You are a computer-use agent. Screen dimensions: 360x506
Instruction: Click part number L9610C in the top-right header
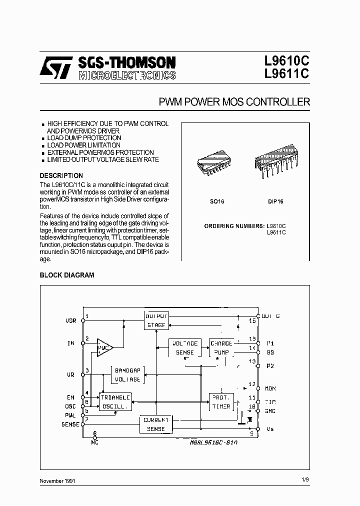(x=287, y=62)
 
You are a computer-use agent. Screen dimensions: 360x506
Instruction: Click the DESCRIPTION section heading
(x=61, y=175)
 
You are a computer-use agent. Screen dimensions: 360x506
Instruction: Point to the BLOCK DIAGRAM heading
(x=66, y=275)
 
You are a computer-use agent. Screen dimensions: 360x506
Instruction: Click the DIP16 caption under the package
(x=275, y=201)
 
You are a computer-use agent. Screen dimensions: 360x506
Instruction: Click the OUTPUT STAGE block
(x=156, y=320)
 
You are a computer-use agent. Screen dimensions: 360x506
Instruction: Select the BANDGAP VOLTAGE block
(x=127, y=375)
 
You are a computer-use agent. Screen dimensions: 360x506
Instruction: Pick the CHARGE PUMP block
(x=221, y=348)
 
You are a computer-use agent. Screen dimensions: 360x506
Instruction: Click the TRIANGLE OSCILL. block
(x=115, y=401)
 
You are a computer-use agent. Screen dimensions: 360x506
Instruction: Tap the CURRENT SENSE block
(x=156, y=424)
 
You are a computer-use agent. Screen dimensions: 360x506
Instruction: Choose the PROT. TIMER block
(x=221, y=401)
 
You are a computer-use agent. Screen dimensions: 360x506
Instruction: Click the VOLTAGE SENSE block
(x=184, y=348)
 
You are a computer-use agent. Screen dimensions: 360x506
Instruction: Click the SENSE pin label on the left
(x=70, y=424)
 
